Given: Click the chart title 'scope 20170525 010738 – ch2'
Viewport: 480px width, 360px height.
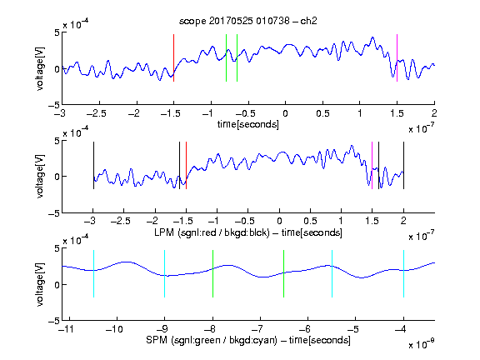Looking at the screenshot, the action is point(247,21).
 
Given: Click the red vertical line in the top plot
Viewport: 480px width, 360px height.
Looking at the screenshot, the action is point(173,57).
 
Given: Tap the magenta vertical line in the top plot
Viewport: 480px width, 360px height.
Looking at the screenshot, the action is point(397,57).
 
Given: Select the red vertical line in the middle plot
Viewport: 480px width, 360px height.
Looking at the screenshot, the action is point(186,166).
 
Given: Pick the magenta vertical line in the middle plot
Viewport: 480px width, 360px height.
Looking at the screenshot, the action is point(372,166).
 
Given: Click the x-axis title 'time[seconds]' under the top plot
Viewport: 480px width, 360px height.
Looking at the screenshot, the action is point(248,124).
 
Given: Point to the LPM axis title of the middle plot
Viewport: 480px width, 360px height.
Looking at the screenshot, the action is point(248,232).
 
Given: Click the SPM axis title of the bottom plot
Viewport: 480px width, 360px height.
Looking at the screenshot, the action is point(248,340).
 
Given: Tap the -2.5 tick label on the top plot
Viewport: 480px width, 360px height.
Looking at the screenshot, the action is point(96,113).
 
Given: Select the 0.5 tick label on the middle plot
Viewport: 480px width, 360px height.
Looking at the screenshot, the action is point(310,221).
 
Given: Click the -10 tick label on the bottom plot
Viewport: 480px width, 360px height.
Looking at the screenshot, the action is point(114,329).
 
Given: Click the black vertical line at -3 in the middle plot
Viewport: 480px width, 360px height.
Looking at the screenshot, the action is point(93,166).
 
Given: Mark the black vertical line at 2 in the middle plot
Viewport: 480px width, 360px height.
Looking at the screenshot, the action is point(403,166).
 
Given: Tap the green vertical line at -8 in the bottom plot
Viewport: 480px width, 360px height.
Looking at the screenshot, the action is point(212,273).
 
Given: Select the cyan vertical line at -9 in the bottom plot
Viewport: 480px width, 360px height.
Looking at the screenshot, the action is point(165,273).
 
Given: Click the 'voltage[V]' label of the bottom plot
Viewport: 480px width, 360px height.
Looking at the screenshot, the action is point(40,284).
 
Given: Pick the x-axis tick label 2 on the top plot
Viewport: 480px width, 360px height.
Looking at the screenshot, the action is point(434,113).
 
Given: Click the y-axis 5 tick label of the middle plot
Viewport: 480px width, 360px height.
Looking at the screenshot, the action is point(57,141).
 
